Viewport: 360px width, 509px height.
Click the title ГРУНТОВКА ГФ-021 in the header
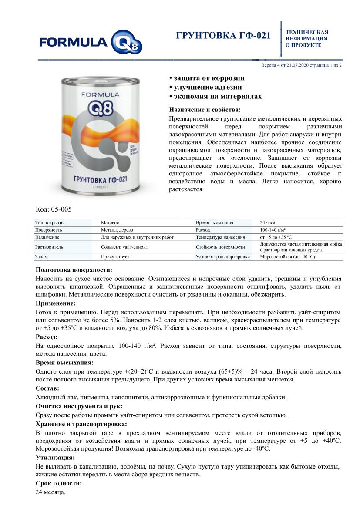pos(223,36)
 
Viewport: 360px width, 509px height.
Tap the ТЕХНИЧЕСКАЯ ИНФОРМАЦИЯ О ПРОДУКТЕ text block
pos(306,38)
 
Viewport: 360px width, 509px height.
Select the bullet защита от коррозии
pos(207,78)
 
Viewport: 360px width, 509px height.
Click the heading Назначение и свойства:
pos(204,110)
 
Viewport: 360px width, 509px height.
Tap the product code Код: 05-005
pos(54,209)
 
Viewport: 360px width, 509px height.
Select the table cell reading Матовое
pos(110,222)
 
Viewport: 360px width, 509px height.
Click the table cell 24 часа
pos(267,222)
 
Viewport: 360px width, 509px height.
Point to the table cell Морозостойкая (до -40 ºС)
pos(287,257)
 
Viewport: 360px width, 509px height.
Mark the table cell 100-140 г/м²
pos(273,229)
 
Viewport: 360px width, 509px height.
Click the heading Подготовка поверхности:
pos(74,270)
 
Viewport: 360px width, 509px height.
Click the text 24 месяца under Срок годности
pos(50,492)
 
